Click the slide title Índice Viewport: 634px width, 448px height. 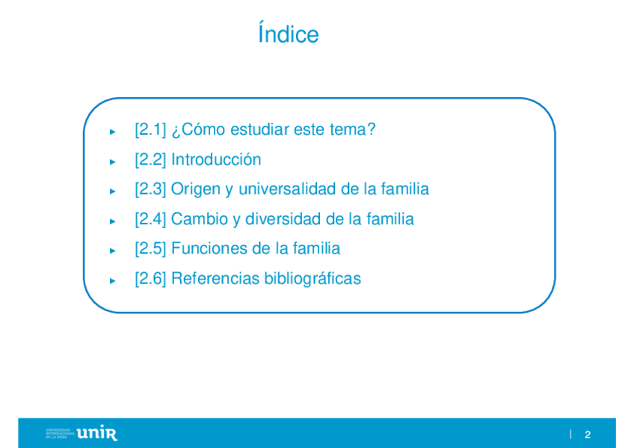289,33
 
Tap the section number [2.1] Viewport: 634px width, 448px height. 150,130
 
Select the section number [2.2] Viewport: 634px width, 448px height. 150,160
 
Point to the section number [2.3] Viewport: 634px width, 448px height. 150,189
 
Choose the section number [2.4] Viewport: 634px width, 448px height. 150,219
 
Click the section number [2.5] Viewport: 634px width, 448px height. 150,248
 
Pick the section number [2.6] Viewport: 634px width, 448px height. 150,278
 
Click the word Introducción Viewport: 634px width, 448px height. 216,159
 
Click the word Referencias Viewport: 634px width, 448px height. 215,278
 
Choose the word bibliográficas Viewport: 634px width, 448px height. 313,278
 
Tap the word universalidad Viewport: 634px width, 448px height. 287,188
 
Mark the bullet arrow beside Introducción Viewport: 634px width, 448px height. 112,162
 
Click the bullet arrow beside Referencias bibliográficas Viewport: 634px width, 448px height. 112,280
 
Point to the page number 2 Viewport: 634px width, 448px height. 588,435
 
